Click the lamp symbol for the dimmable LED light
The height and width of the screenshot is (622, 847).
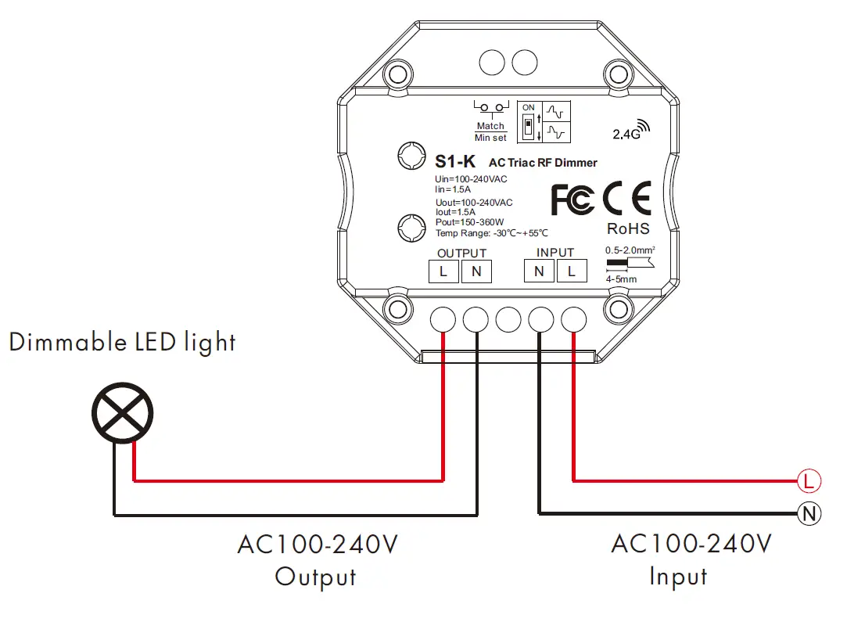click(123, 412)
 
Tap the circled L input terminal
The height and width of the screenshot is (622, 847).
click(807, 479)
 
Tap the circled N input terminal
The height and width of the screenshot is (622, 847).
click(807, 514)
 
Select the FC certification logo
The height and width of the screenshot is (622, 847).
click(572, 200)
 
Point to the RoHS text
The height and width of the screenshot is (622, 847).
click(628, 229)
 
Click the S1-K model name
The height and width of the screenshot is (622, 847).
click(455, 163)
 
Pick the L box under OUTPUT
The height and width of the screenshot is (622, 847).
click(443, 271)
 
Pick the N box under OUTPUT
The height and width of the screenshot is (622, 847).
click(476, 271)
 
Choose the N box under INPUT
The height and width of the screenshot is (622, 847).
click(539, 271)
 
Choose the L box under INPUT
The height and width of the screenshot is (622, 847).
click(572, 271)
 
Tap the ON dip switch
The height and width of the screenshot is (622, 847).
click(529, 124)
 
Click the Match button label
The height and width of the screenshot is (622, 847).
click(490, 125)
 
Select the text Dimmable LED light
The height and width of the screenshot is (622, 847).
click(122, 342)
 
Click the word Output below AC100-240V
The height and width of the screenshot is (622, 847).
click(315, 577)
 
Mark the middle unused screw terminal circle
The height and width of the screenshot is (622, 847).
click(509, 319)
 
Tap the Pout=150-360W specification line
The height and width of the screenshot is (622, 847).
click(470, 222)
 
